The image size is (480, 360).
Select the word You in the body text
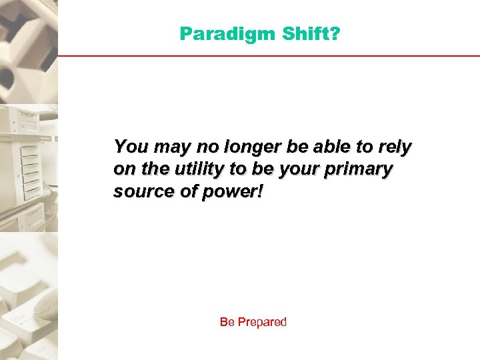tap(127, 147)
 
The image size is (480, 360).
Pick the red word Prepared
tap(261, 323)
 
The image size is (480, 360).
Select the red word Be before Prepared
tap(227, 322)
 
